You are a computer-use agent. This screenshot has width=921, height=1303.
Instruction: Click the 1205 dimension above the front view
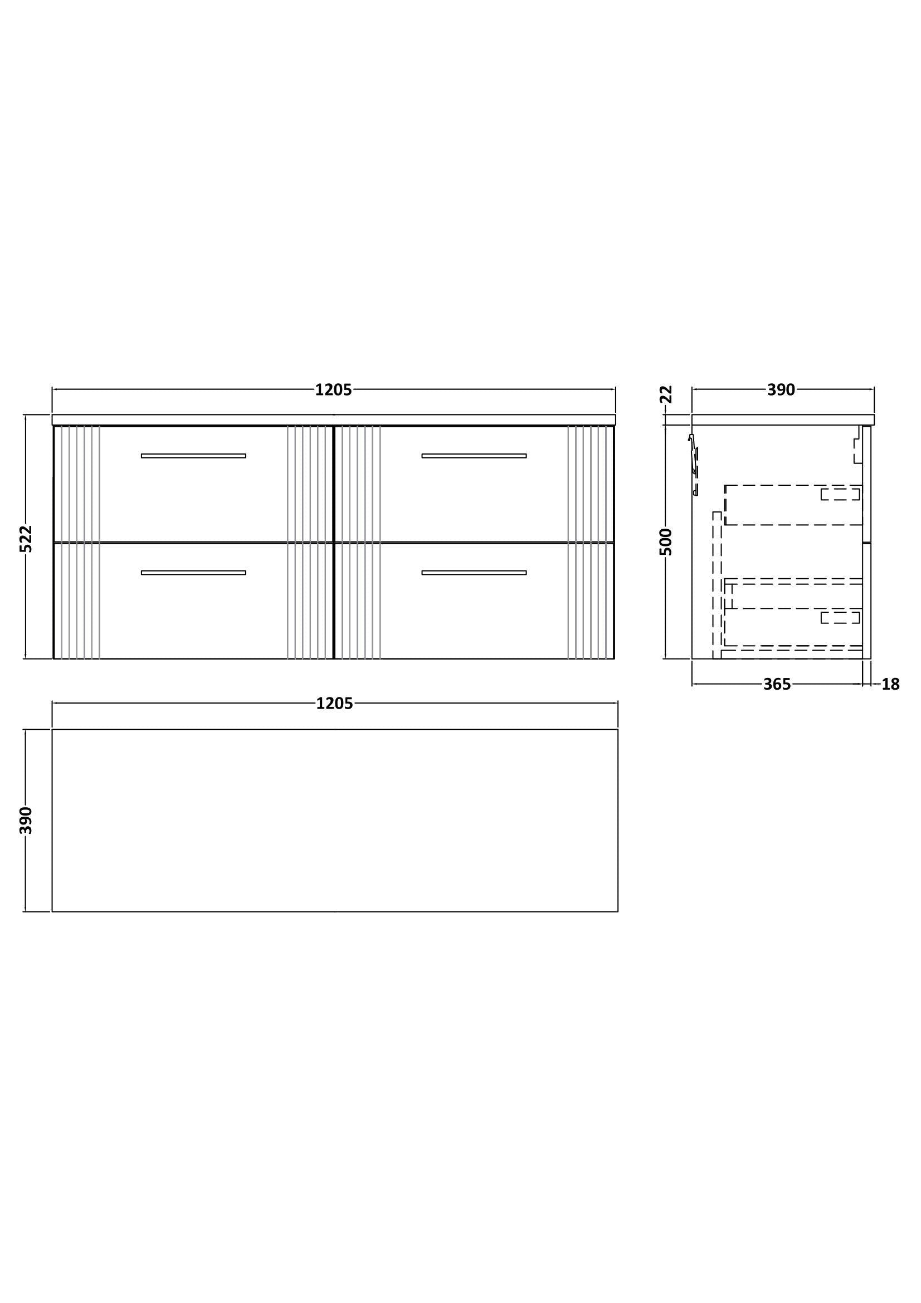click(334, 390)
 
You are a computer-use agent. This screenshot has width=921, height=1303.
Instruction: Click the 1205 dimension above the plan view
click(334, 704)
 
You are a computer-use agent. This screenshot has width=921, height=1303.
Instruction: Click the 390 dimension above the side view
click(781, 390)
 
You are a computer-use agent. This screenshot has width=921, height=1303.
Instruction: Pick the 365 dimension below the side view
click(777, 685)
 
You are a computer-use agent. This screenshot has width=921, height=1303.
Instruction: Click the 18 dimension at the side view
click(891, 685)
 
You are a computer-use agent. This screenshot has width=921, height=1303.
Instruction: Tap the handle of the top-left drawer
click(193, 456)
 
